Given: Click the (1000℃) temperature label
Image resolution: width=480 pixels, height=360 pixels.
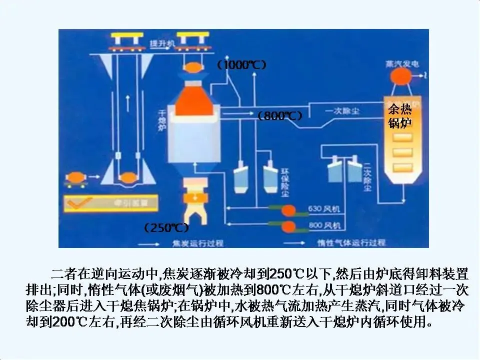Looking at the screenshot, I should coord(241,65).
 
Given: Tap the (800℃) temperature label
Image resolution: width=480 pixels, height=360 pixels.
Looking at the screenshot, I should coord(280,116).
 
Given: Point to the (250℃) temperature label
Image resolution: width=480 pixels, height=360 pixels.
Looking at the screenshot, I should coord(166,228).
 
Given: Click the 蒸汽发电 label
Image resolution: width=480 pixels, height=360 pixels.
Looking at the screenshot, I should coord(398,64).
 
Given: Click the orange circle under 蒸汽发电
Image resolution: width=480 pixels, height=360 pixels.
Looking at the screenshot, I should coord(398,76).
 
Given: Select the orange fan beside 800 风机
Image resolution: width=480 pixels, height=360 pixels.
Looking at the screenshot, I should coord(289,226).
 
